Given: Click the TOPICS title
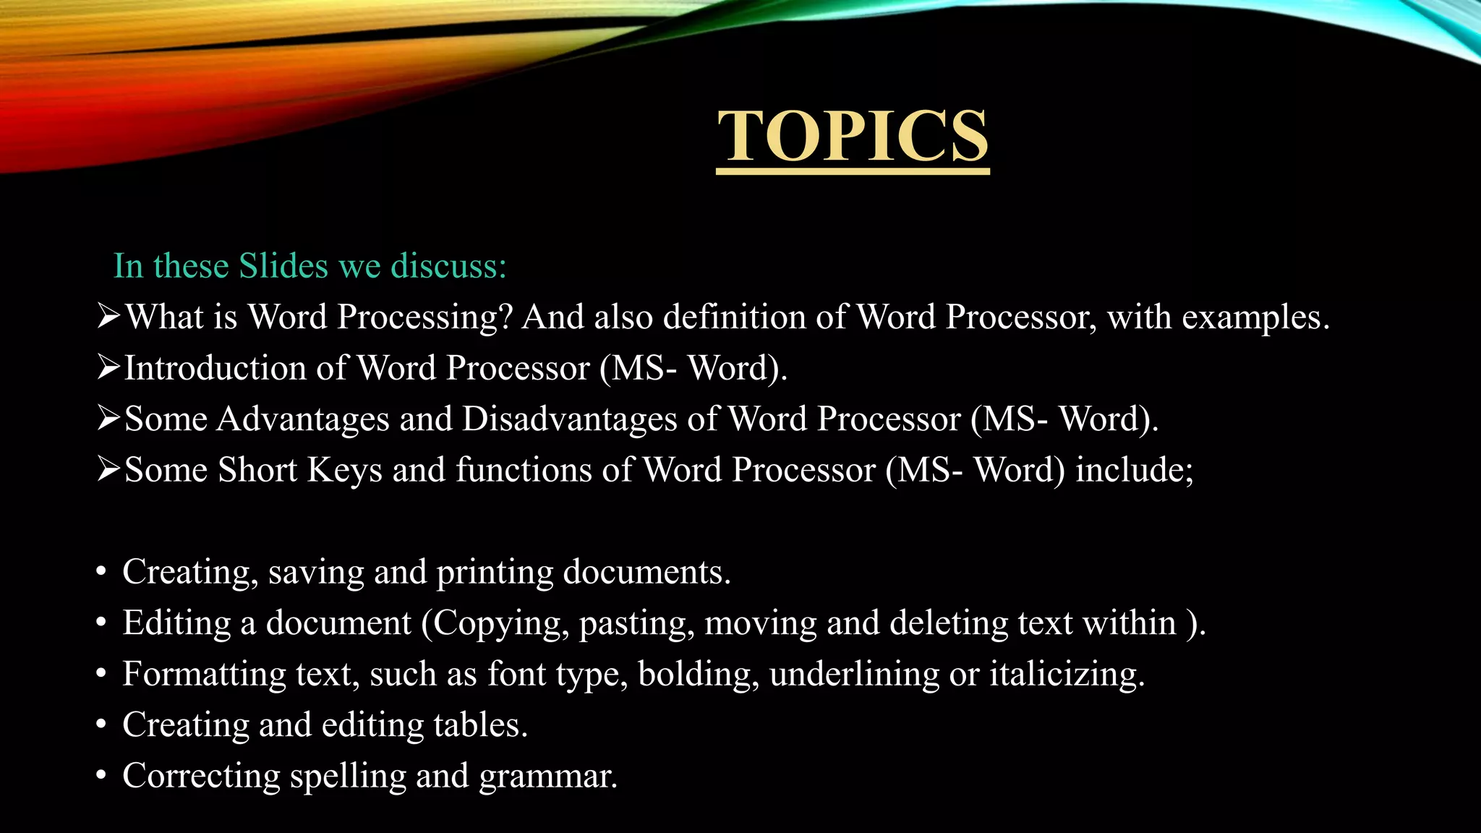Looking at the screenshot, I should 853,137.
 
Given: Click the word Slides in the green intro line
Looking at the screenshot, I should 284,266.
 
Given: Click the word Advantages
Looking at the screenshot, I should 303,419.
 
